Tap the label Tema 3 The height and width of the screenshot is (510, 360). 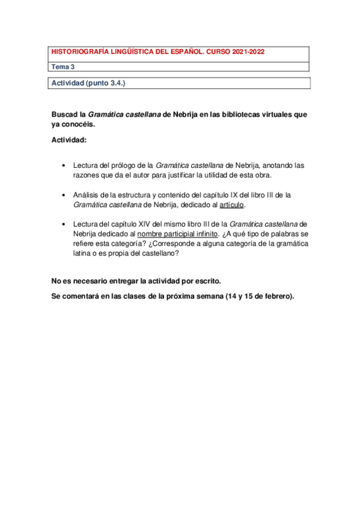[x=60, y=67]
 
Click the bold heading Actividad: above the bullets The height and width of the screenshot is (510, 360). [x=69, y=140]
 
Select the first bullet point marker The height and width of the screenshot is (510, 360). [x=64, y=165]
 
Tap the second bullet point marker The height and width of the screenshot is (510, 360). [x=64, y=195]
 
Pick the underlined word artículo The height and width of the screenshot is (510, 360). [x=231, y=205]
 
